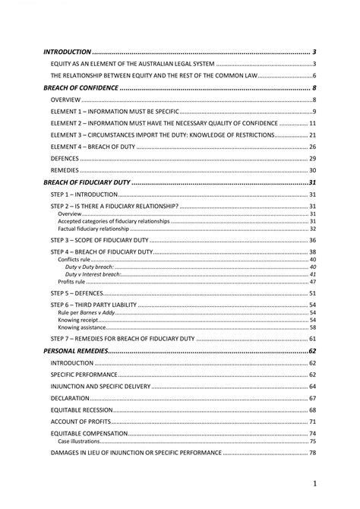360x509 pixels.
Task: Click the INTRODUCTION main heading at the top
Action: pos(68,52)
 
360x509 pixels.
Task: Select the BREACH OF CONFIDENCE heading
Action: pos(81,88)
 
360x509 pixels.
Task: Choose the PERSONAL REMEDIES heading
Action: pos(76,352)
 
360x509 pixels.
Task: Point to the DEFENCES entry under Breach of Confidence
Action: pos(65,158)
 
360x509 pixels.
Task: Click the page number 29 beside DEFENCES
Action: pos(312,158)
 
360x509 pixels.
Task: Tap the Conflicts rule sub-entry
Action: pos(74,260)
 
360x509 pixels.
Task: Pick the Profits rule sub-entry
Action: pos(71,282)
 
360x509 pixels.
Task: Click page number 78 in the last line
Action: pos(312,453)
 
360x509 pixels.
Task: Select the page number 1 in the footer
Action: pos(314,483)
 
